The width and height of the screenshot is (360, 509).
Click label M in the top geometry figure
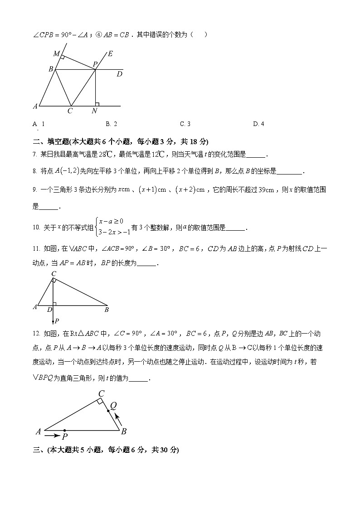tap(56, 54)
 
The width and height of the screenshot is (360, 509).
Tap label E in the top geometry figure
tap(110, 53)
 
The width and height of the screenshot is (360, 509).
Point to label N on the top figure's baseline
tap(95, 111)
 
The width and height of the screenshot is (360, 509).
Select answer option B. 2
tap(112, 124)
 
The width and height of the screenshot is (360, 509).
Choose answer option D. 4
tap(258, 124)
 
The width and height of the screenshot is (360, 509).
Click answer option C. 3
tap(185, 124)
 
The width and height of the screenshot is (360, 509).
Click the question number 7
tap(34, 155)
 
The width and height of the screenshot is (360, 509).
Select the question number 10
tap(36, 228)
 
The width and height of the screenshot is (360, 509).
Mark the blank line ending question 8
tap(288, 172)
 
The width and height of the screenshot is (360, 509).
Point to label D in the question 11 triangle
tap(49, 310)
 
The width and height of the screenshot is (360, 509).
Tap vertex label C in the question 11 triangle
tap(53, 273)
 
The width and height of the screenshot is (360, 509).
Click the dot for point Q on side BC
tap(108, 411)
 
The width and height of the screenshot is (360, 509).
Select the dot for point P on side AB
tap(65, 430)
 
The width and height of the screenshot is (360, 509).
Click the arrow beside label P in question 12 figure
tap(53, 436)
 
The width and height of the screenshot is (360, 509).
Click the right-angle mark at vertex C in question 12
tap(99, 401)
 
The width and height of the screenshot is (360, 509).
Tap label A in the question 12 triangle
tap(38, 431)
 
